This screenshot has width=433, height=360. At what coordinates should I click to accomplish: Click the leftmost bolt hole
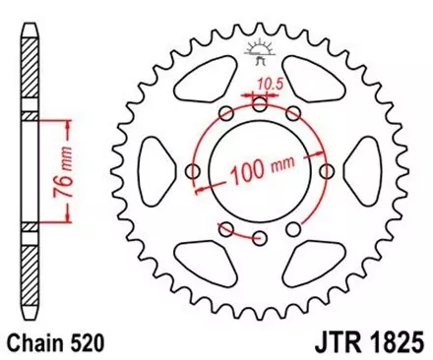click(x=191, y=174)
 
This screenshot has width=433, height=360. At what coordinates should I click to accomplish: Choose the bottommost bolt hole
click(x=260, y=239)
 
